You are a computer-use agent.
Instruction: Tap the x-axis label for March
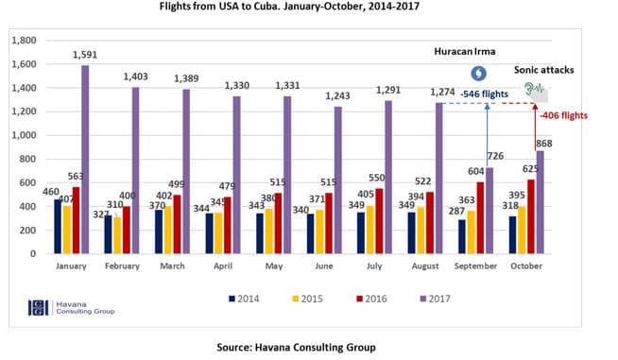pos(172,268)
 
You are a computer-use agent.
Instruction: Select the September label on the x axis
pos(477,268)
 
